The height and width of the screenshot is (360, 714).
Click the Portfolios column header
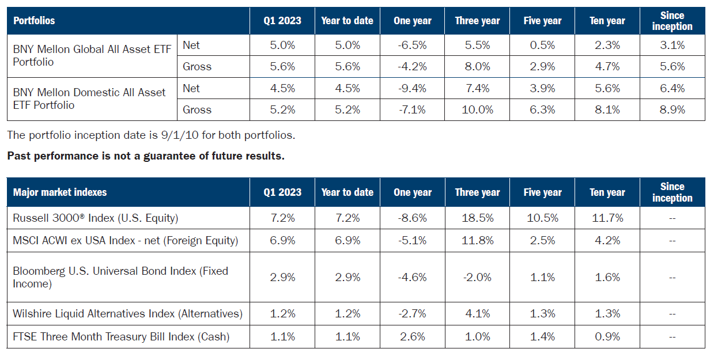34,21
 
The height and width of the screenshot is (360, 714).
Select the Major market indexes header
60,192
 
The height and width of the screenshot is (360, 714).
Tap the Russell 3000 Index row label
96,219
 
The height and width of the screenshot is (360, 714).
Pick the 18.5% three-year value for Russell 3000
477,219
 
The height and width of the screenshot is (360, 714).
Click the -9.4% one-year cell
413,88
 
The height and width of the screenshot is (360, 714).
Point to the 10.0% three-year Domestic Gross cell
477,109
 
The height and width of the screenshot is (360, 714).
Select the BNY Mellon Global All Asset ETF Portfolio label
92,55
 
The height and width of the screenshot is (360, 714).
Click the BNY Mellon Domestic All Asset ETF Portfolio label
89,98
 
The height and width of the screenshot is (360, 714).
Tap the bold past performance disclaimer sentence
146,156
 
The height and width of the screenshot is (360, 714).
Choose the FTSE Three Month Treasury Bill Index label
121,337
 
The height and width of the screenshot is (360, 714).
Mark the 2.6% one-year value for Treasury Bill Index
413,337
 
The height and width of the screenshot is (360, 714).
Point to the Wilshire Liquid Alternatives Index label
127,314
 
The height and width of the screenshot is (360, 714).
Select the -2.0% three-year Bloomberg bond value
477,277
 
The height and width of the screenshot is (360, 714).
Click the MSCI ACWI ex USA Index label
125,241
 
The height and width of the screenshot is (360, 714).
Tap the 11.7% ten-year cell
607,219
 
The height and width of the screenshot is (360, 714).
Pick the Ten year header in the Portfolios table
607,21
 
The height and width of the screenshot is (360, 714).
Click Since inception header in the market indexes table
672,192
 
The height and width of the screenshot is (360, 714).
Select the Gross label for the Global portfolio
197,66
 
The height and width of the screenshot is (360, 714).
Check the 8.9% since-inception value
672,109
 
